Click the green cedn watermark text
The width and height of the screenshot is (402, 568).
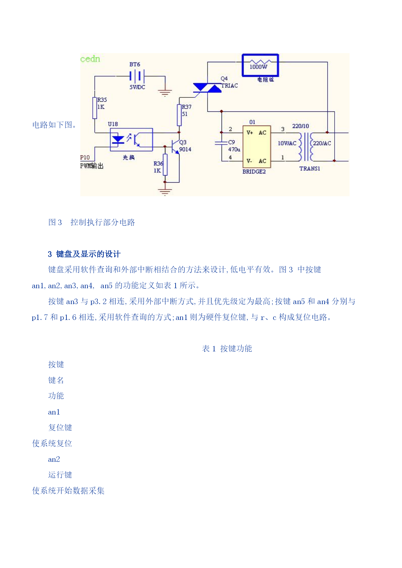[x=90, y=59]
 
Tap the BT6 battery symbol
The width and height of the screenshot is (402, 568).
[x=137, y=76]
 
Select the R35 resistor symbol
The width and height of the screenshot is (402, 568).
[x=95, y=108]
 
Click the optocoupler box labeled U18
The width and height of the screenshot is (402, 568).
[x=131, y=140]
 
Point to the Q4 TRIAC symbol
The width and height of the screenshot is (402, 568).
[x=207, y=87]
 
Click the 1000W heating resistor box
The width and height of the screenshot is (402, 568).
[x=260, y=65]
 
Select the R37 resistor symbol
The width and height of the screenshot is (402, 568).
[x=179, y=115]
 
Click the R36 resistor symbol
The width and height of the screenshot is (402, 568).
[x=165, y=165]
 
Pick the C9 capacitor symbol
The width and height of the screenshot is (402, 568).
[x=222, y=142]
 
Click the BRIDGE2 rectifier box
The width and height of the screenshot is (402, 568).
[x=257, y=146]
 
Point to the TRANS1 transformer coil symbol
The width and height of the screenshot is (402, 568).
[x=306, y=147]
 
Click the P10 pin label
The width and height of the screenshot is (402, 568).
[x=85, y=157]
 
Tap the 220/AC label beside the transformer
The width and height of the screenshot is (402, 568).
[x=322, y=143]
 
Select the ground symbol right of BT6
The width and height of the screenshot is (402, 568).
[x=165, y=93]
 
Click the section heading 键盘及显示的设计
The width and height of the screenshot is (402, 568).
[x=88, y=254]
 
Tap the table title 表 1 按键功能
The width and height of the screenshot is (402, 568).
[x=227, y=348]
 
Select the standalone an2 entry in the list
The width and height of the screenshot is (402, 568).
[x=54, y=459]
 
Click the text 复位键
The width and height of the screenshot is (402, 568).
[x=60, y=427]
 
